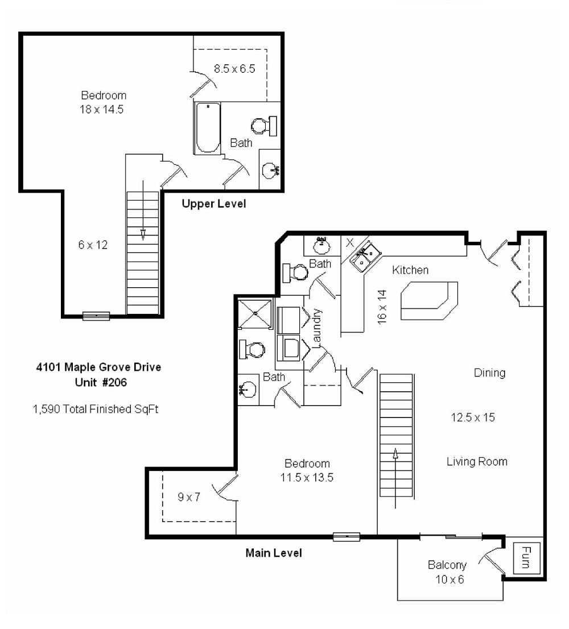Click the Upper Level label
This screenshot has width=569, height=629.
tap(214, 204)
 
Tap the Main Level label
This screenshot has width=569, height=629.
tap(273, 552)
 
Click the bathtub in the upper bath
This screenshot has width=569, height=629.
tap(207, 128)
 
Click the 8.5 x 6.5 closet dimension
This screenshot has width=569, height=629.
tap(234, 69)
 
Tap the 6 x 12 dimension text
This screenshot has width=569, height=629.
tap(93, 245)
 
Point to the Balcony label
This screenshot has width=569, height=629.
tap(447, 565)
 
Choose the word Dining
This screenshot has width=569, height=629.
tap(489, 373)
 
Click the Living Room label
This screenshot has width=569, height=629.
tap(477, 461)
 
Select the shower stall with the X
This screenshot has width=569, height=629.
tap(255, 313)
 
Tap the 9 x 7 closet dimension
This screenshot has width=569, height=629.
tap(189, 497)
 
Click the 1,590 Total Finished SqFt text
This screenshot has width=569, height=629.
tap(95, 408)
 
